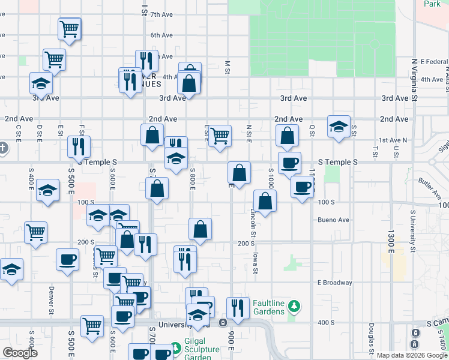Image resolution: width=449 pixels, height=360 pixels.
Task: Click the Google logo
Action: pyautogui.click(x=20, y=353)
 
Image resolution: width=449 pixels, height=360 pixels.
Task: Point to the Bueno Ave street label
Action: pyautogui.click(x=334, y=220)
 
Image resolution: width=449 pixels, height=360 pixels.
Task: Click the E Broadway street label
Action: pyautogui.click(x=334, y=283)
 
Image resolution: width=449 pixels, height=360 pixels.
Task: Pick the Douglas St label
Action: pyautogui.click(x=372, y=338)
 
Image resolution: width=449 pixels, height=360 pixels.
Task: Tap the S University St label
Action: pyautogui.click(x=413, y=231)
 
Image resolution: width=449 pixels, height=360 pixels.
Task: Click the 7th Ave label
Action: pyautogui.click(x=161, y=14)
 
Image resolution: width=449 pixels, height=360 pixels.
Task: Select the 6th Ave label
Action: pyautogui.click(x=161, y=35)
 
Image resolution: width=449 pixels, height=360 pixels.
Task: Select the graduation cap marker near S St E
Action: pyautogui.click(x=339, y=127)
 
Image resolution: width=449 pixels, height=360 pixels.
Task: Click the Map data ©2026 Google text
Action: pyautogui.click(x=412, y=355)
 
